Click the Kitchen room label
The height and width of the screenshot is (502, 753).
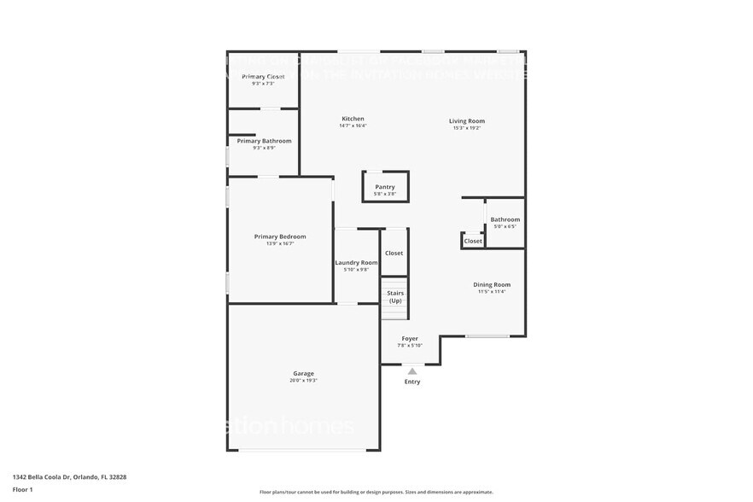tap(353, 119)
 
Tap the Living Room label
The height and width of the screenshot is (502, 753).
tap(466, 121)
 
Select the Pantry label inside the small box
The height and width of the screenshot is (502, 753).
tap(385, 187)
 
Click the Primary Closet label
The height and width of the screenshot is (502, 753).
tap(263, 77)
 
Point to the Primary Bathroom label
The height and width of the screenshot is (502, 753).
tap(264, 141)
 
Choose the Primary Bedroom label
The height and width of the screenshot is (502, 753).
tap(279, 236)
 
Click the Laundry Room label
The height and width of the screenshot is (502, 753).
tap(356, 262)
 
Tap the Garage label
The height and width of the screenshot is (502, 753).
tap(303, 373)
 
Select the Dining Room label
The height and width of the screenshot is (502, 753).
tap(492, 284)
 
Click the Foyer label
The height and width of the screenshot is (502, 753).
tap(410, 338)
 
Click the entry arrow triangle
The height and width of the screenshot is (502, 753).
tap(412, 371)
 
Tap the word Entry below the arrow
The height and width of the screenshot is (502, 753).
tap(412, 382)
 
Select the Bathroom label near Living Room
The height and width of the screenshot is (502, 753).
tap(505, 219)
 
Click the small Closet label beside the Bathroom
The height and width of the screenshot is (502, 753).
tap(473, 242)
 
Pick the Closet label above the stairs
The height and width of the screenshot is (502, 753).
tap(394, 253)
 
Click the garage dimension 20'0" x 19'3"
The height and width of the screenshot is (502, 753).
tap(303, 381)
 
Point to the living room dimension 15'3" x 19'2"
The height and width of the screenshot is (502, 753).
tap(466, 128)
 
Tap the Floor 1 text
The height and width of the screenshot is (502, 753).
tap(22, 489)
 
